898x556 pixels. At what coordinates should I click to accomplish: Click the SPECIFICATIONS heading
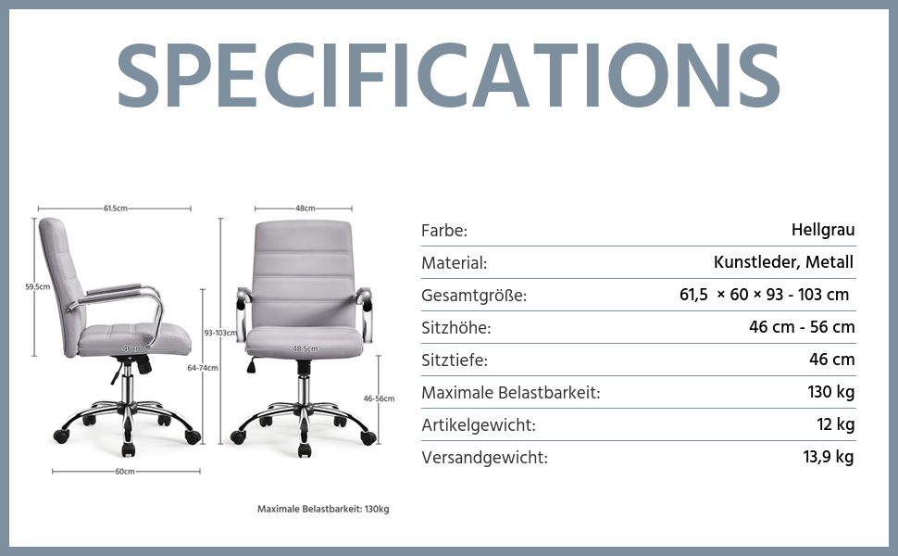point(448,75)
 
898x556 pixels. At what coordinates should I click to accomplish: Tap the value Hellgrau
point(823,230)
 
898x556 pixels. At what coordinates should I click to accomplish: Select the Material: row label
point(455,263)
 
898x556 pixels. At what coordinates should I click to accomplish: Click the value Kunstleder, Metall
point(783,262)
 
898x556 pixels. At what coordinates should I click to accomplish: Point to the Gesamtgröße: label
point(474,296)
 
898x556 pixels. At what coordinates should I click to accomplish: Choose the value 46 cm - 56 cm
point(802,327)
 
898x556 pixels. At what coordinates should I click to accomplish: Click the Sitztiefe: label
point(455,360)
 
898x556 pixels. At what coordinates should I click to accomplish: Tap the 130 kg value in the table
point(831,392)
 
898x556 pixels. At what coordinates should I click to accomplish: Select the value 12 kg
point(836,424)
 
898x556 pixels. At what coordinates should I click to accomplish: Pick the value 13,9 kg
point(829,457)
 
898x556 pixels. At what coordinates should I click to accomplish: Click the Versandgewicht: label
point(484,458)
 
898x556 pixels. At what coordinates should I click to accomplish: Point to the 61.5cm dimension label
point(115,208)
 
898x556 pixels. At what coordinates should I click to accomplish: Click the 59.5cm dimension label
point(37,286)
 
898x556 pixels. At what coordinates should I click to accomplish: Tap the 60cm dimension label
point(125,471)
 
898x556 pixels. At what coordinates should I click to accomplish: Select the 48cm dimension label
point(306,208)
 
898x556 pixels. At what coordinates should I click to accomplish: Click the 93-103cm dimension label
point(220,333)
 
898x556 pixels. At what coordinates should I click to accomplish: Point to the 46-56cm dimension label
point(379,398)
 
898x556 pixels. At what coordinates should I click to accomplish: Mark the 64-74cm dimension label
point(203,368)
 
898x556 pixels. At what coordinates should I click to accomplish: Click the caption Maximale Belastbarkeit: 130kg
point(323,509)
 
